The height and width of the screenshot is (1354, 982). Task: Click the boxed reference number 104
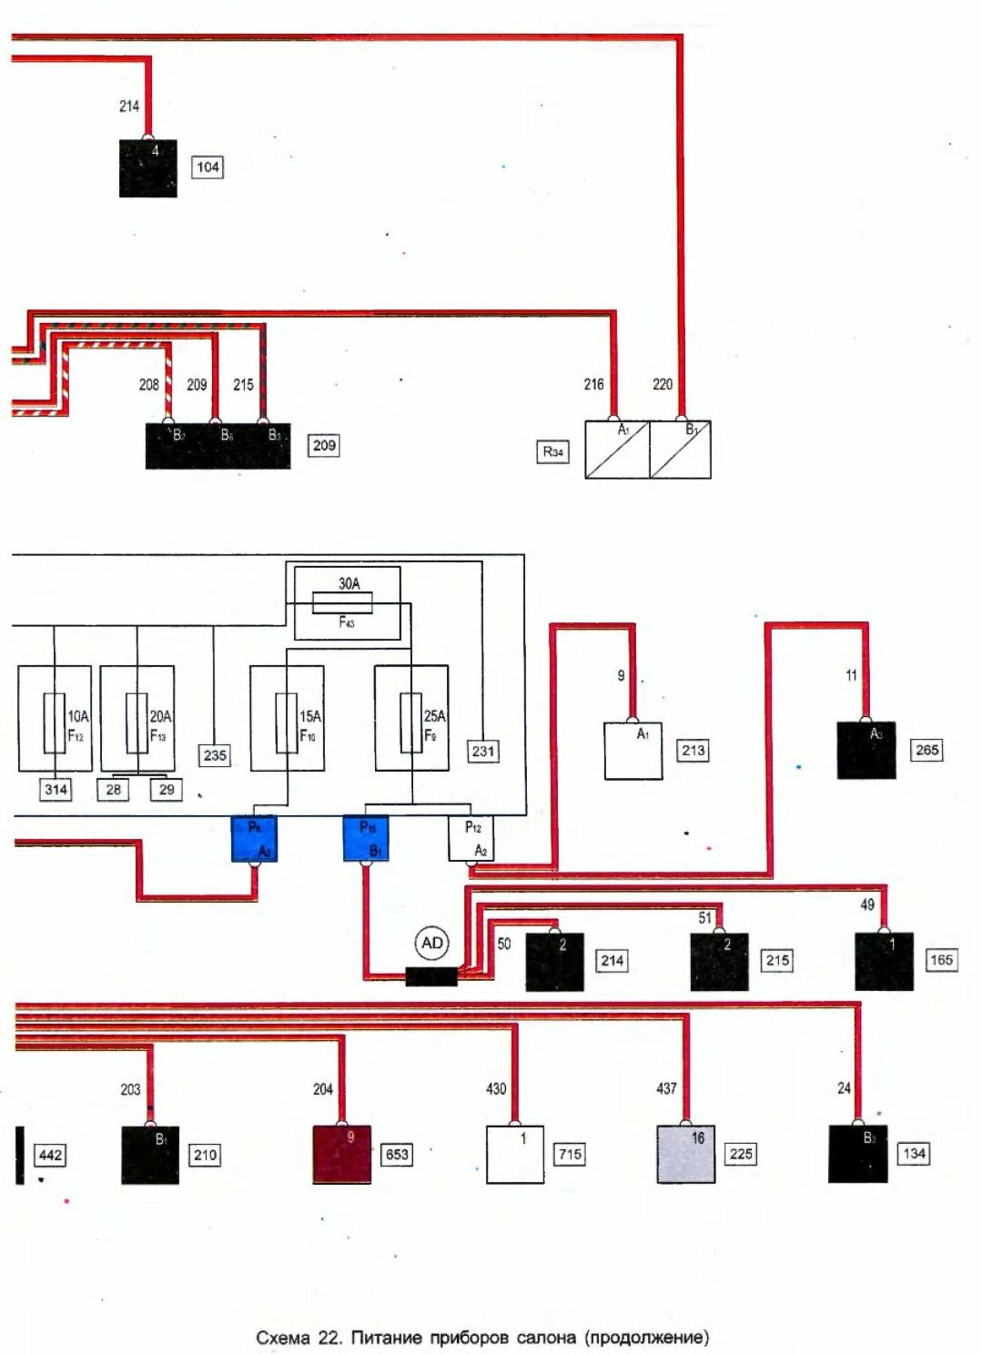(x=208, y=167)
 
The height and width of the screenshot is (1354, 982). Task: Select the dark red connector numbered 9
(x=341, y=1154)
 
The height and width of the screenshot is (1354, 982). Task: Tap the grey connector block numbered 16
(x=685, y=1154)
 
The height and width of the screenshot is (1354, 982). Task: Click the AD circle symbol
(x=432, y=944)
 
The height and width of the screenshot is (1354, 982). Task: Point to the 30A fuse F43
(x=347, y=602)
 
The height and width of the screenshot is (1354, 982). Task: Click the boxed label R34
(x=552, y=451)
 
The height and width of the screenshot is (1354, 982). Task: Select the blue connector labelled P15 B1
(x=366, y=838)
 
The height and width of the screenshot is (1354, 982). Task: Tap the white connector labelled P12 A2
(x=471, y=838)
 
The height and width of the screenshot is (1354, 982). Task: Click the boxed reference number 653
(x=397, y=1155)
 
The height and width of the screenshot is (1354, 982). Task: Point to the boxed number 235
(x=215, y=755)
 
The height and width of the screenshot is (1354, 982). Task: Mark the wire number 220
(x=663, y=384)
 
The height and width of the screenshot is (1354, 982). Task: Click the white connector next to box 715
(x=515, y=1154)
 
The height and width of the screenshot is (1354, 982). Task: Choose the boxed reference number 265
(x=927, y=751)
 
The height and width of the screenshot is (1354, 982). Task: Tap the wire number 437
(x=666, y=1088)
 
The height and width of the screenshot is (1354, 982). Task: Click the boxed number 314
(x=56, y=789)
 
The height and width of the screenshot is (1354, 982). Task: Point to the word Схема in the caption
(x=283, y=1338)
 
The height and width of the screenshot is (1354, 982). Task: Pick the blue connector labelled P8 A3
(x=254, y=838)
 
